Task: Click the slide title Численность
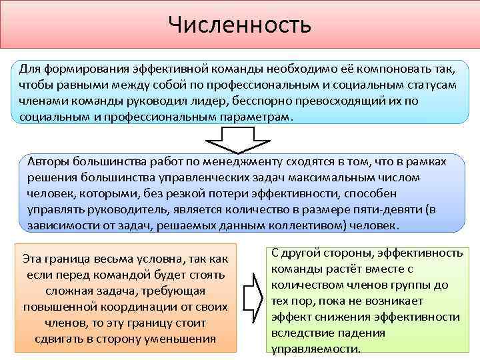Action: [239, 25]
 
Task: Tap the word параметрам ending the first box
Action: [253, 117]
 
